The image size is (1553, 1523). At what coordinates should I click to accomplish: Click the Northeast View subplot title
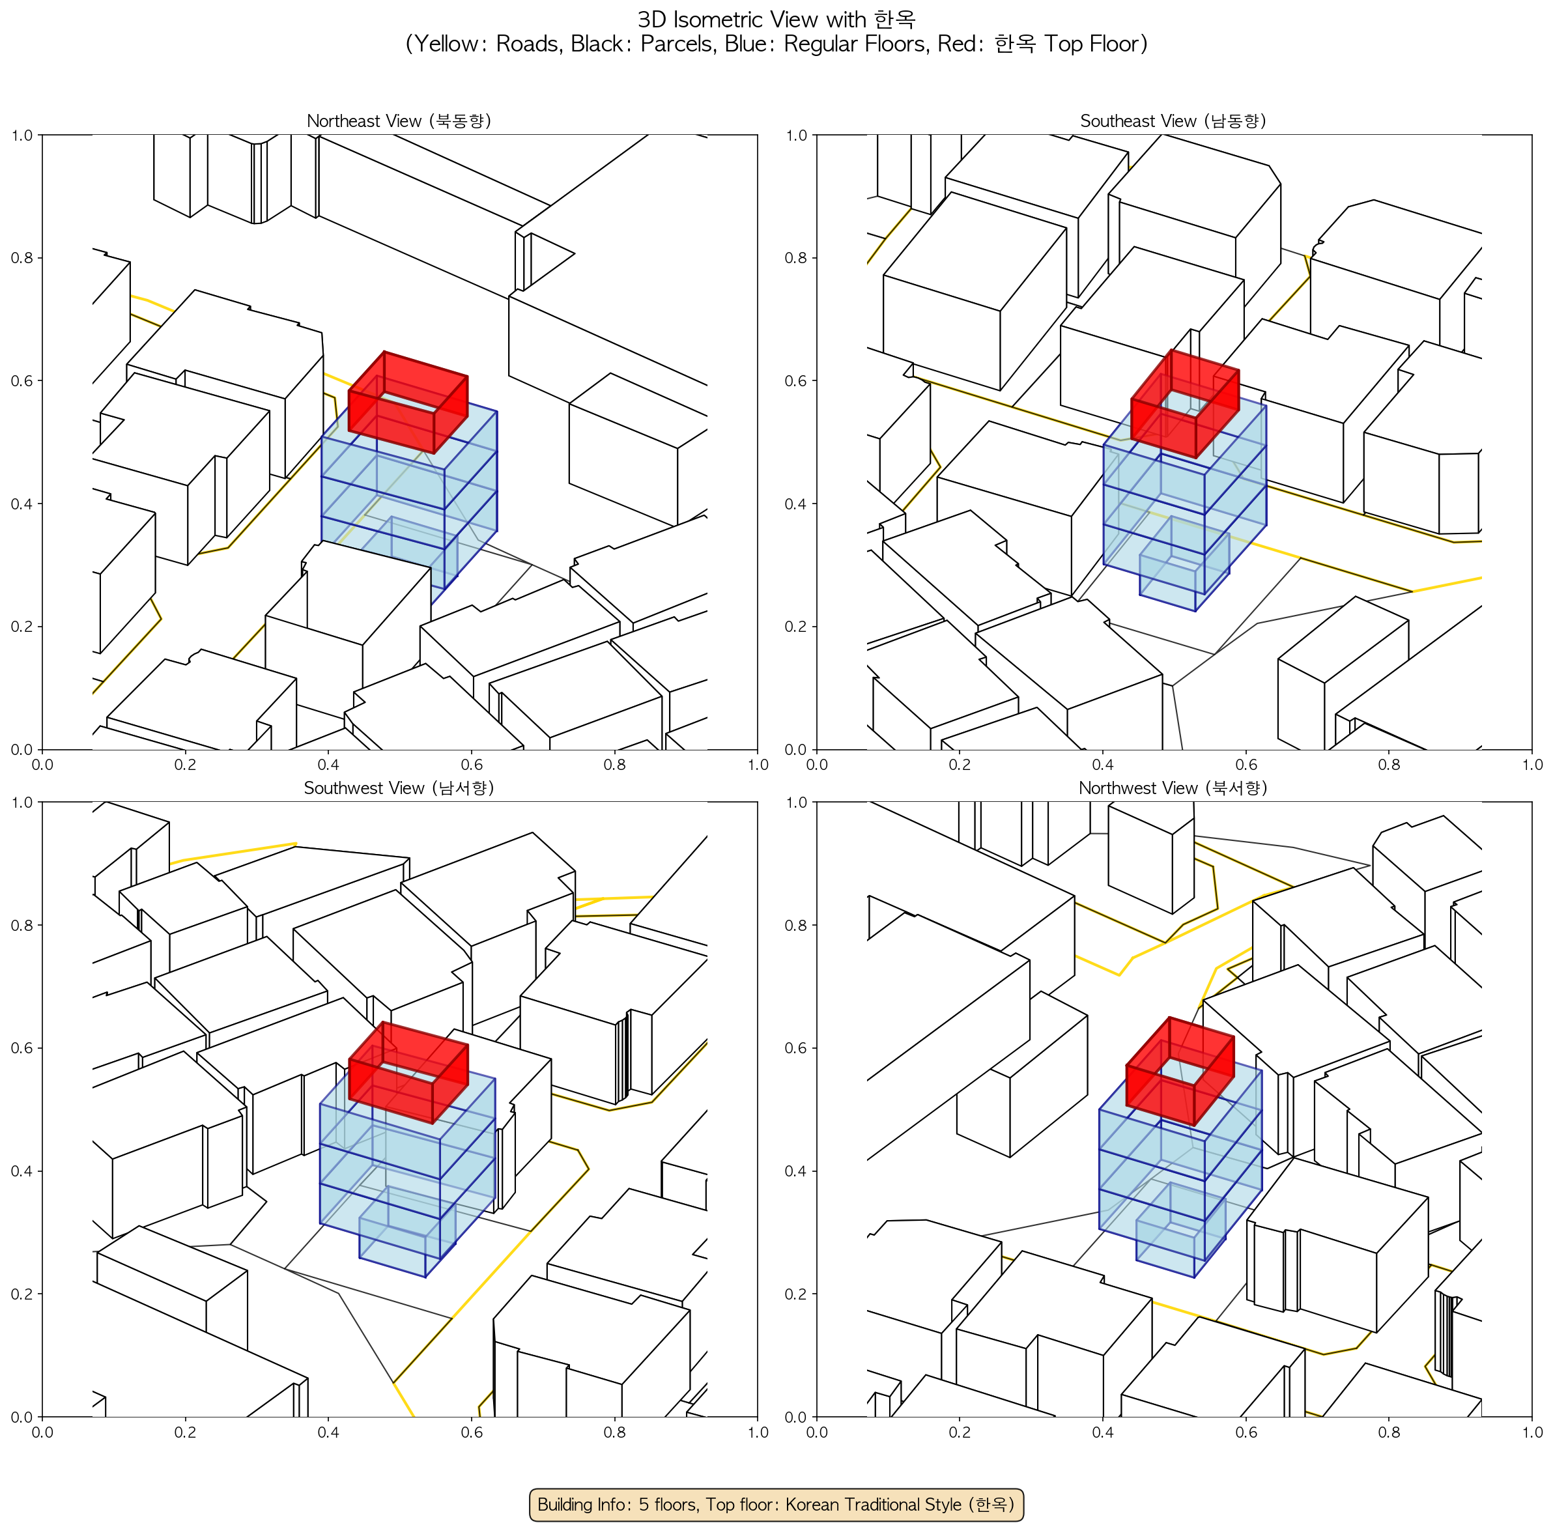399,121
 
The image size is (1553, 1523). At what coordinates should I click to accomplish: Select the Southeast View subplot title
1173,121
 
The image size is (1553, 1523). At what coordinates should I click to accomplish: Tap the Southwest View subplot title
399,788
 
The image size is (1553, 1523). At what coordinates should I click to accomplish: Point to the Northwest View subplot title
1173,788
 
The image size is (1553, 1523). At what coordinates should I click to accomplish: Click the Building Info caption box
776,1504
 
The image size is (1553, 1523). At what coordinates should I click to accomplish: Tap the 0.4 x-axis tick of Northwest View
1103,1432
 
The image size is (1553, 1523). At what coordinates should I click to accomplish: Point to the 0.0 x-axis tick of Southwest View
42,1432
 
